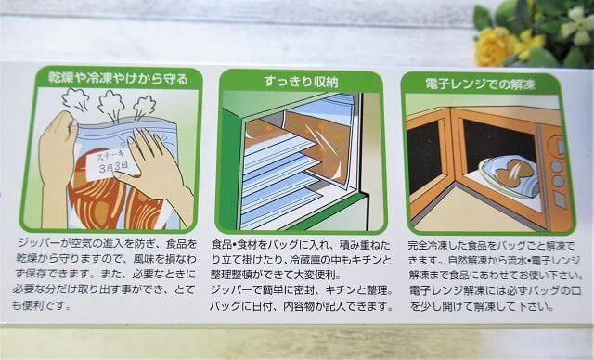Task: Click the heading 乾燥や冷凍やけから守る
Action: click(118, 79)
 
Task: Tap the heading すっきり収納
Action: click(301, 82)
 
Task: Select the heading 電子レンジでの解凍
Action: click(481, 84)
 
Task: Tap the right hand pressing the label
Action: click(155, 171)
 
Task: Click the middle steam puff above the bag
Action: click(111, 104)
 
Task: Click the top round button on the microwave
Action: click(556, 166)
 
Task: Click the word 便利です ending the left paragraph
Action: click(47, 304)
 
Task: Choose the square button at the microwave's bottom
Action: click(560, 199)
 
